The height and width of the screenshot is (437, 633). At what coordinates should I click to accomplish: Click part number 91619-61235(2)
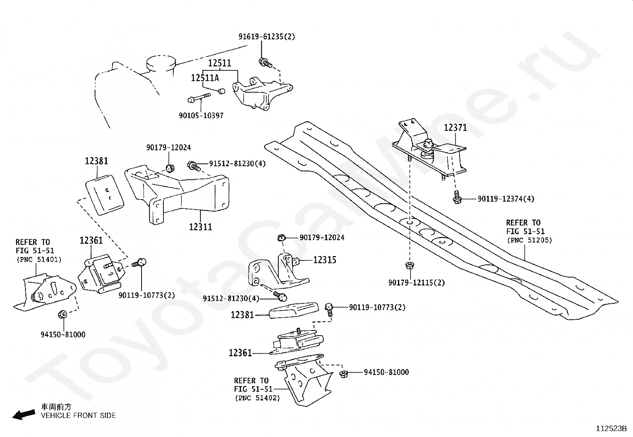(266, 37)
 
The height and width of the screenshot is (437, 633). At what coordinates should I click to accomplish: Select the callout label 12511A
(205, 78)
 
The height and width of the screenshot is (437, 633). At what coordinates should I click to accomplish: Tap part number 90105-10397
(201, 116)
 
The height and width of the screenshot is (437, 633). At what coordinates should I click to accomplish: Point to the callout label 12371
(455, 128)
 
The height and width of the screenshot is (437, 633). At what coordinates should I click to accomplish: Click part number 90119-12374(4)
(506, 199)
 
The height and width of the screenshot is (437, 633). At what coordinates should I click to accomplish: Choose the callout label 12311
(200, 227)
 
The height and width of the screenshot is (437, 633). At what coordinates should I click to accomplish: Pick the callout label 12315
(325, 260)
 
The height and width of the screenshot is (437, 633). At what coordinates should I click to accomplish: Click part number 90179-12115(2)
(417, 283)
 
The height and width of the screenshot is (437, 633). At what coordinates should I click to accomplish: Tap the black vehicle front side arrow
(23, 415)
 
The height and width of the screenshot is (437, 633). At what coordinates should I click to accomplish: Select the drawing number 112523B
(611, 429)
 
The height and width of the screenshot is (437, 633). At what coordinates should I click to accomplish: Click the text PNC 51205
(530, 240)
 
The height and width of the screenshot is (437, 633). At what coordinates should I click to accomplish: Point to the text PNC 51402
(257, 398)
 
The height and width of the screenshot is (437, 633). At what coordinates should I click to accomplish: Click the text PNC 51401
(39, 260)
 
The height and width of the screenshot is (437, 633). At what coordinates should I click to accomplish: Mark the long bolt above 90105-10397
(199, 97)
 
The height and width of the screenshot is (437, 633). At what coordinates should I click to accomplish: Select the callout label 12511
(219, 63)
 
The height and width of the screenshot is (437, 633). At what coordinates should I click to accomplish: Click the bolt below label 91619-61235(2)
(265, 63)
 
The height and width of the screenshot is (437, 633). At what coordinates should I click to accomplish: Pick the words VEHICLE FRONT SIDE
(78, 416)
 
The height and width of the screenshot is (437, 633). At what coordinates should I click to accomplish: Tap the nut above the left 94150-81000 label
(62, 314)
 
